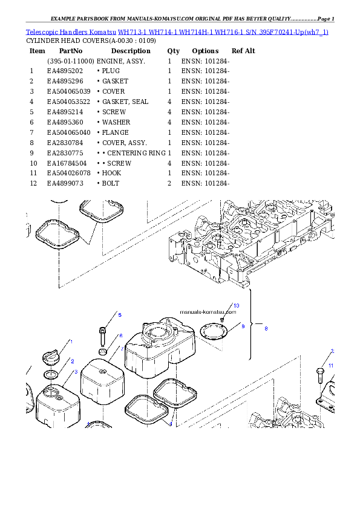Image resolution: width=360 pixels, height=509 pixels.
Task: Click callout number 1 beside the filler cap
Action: click(x=71, y=342)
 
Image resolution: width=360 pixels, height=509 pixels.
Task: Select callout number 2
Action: click(x=73, y=361)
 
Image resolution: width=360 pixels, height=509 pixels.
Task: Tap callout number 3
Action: click(x=76, y=372)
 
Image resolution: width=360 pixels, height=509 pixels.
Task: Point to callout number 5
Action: click(x=120, y=315)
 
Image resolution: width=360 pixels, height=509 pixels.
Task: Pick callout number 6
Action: click(x=120, y=336)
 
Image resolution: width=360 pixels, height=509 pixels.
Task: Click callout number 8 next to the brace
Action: click(x=265, y=328)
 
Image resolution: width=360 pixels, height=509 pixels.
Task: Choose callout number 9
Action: click(x=243, y=326)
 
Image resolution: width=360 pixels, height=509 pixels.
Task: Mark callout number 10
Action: click(x=236, y=306)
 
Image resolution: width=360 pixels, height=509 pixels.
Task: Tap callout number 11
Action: click(x=331, y=366)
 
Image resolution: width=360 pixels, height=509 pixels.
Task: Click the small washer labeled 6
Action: click(x=103, y=352)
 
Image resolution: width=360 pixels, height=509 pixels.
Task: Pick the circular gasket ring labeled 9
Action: click(x=214, y=332)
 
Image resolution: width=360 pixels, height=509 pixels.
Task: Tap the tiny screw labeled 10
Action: click(x=223, y=317)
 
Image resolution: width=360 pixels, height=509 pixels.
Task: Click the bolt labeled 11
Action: click(x=320, y=375)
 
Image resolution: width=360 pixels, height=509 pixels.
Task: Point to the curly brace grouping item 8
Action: click(x=250, y=326)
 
